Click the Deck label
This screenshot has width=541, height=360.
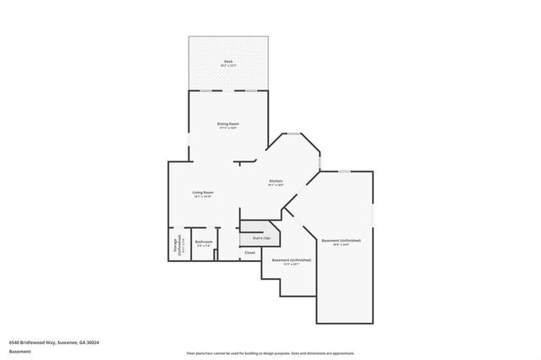(227, 61)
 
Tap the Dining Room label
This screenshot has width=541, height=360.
(227, 124)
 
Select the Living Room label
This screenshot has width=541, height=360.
(202, 193)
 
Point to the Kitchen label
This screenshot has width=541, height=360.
(276, 181)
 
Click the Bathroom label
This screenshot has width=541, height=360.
(203, 243)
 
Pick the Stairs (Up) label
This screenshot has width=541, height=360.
(255, 238)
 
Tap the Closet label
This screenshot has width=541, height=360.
(249, 253)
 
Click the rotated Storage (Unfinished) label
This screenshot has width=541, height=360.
(176, 245)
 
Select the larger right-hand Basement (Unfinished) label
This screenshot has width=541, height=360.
(347, 240)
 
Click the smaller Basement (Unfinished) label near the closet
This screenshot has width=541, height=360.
(292, 259)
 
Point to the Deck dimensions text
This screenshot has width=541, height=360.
(227, 65)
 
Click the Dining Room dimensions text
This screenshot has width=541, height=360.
(227, 128)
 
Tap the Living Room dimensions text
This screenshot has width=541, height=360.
(202, 197)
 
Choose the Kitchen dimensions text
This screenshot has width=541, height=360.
(276, 185)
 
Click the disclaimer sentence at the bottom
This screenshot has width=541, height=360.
(270, 352)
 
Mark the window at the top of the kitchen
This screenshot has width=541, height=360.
(293, 134)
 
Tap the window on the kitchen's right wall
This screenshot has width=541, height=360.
(320, 161)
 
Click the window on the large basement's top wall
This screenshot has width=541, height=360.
(344, 172)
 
